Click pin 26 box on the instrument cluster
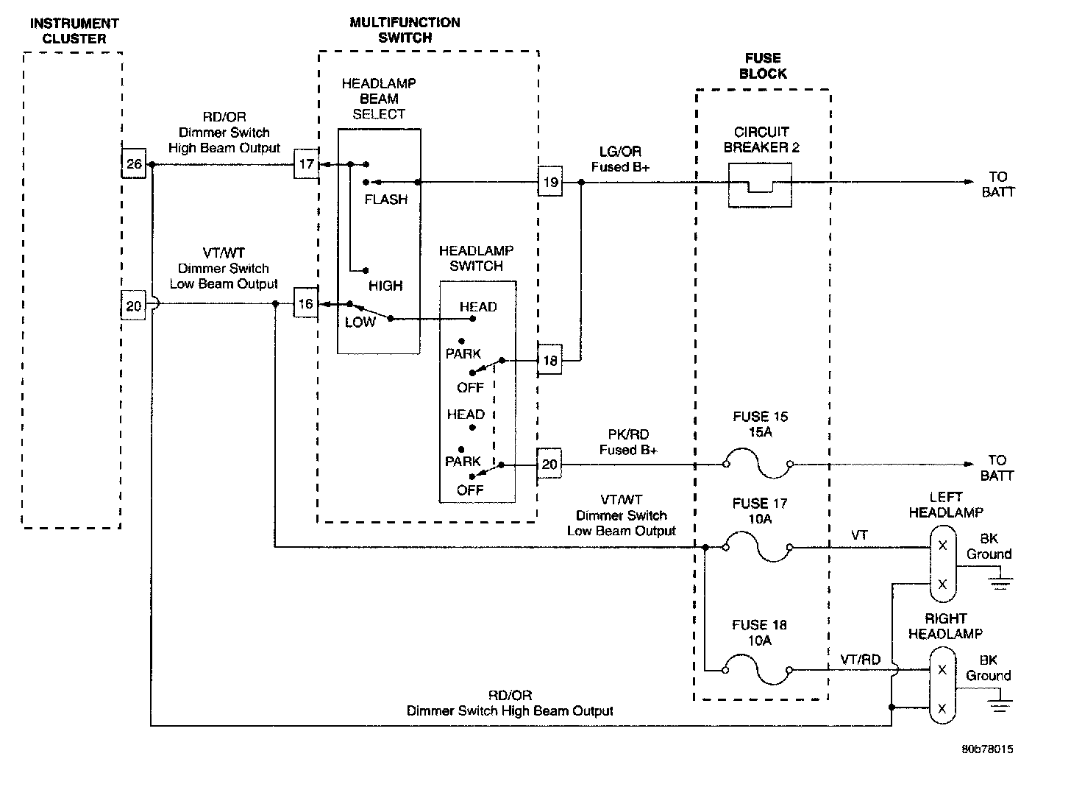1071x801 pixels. click(134, 163)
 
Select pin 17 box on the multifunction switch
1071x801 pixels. click(306, 163)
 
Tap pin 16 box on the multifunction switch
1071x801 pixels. click(305, 303)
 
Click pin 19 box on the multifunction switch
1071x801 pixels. click(549, 182)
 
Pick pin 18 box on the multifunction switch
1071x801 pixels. click(549, 361)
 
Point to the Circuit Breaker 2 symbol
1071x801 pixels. click(760, 185)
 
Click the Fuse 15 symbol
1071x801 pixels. click(757, 465)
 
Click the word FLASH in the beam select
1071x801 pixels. click(385, 200)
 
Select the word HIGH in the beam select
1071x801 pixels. click(385, 286)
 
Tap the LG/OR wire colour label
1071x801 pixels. click(620, 152)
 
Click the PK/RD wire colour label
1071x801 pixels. click(628, 435)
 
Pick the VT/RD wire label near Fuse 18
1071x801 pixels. click(860, 660)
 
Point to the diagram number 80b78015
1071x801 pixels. click(987, 749)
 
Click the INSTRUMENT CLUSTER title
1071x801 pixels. click(74, 31)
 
